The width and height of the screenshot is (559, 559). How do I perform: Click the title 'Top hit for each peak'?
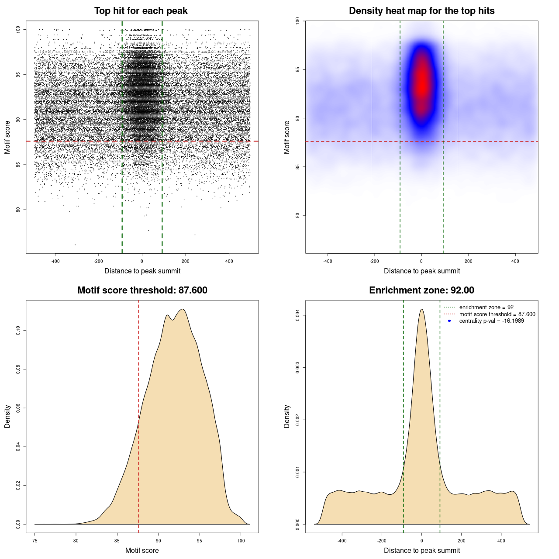tap(141, 11)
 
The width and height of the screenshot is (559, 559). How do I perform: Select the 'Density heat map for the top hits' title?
tap(421, 11)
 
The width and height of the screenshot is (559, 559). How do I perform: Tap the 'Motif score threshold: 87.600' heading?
tap(142, 290)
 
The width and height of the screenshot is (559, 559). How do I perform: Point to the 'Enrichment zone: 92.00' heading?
tap(421, 290)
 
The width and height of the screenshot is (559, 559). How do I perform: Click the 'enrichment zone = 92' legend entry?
tap(486, 307)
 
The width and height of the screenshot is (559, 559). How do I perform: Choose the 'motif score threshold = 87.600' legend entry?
tap(497, 314)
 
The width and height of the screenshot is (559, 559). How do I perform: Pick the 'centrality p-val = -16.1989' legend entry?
tap(491, 321)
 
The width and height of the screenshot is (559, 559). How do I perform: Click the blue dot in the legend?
tap(449, 321)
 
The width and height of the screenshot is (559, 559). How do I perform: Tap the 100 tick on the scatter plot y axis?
tap(18, 29)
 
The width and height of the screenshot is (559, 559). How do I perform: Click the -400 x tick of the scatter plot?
tap(55, 261)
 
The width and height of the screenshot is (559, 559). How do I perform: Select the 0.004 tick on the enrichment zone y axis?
tap(298, 315)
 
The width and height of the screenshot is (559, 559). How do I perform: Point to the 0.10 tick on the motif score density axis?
tap(18, 331)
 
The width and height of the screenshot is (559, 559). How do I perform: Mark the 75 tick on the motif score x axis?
tap(35, 541)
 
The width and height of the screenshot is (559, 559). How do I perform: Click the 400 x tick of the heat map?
tap(515, 261)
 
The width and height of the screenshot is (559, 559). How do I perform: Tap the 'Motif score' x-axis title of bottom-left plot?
tap(142, 550)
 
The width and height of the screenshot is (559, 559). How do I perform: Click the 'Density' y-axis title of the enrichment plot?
tap(287, 416)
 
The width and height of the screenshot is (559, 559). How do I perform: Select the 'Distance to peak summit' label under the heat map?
tap(421, 271)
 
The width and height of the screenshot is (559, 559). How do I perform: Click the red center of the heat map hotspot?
tap(421, 83)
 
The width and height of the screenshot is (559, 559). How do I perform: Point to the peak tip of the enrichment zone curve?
tap(421, 309)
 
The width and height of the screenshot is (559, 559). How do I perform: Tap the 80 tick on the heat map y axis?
tap(298, 215)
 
